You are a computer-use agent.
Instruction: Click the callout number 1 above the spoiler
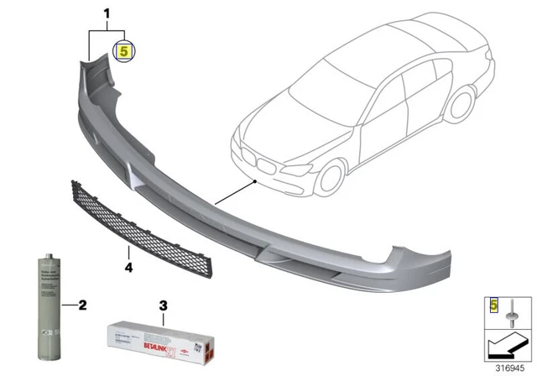click(107, 14)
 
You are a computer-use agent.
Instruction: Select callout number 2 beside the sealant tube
click(82, 303)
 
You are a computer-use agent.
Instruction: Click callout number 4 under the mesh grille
click(128, 268)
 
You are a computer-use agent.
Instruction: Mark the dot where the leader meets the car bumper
click(254, 179)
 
